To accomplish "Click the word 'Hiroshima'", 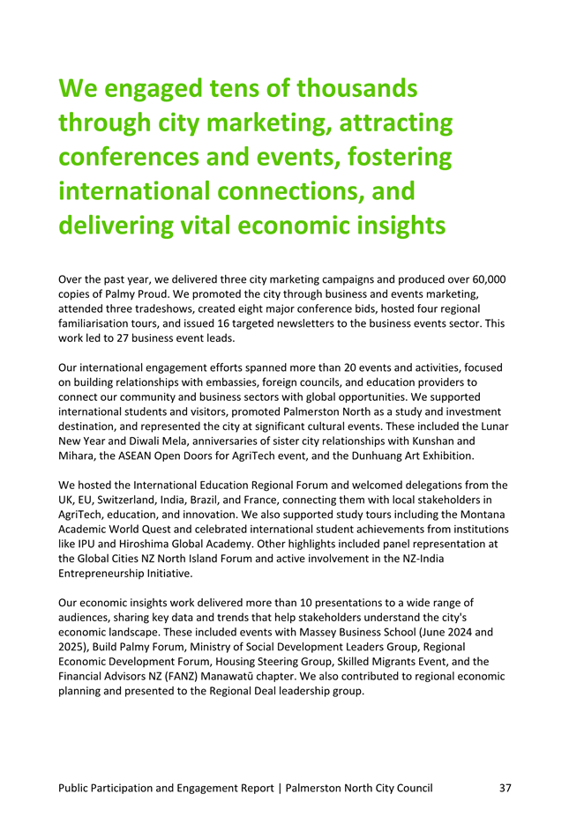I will click(x=130, y=545).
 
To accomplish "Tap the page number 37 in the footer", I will click(x=505, y=788).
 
